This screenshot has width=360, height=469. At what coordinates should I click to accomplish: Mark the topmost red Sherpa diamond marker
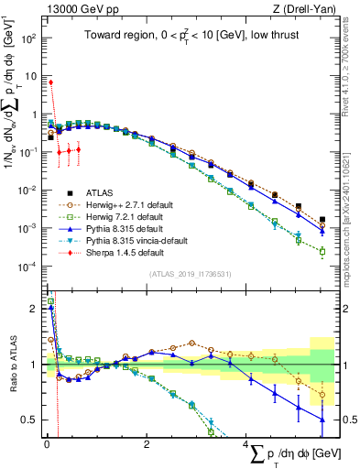tap(50, 82)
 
